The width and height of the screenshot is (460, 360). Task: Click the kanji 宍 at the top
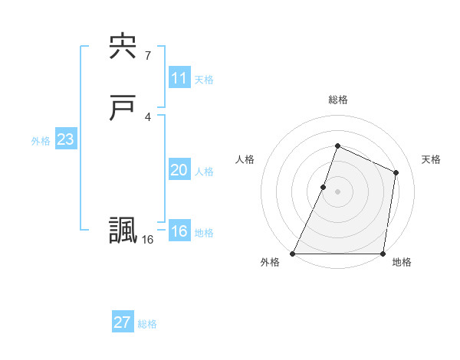(123, 47)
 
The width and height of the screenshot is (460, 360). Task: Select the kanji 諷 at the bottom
(123, 231)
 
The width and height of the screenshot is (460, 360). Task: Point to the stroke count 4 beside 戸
(147, 116)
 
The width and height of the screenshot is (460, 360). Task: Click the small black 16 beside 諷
(147, 240)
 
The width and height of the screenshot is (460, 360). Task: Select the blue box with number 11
(179, 78)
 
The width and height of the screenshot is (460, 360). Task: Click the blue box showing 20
(179, 171)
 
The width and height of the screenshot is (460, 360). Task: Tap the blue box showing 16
(179, 232)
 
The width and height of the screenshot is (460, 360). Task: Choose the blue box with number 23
(65, 140)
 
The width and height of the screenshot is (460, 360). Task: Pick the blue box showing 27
(122, 322)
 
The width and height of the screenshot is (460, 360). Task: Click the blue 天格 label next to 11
(204, 80)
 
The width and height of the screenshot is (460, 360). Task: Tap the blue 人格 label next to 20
(204, 172)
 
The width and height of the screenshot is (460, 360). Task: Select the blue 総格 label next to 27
(147, 324)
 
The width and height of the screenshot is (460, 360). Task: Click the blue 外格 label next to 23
(41, 141)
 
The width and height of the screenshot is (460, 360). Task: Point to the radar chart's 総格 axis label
(337, 100)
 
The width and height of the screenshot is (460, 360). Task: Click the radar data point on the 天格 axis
(396, 172)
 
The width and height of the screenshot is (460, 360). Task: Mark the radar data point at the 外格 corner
(293, 254)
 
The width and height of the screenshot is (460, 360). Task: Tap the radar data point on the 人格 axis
(324, 187)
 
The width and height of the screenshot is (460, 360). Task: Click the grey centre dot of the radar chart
(337, 191)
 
